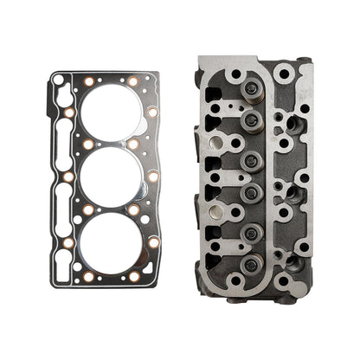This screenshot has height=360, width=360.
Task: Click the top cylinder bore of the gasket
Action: [x=110, y=112]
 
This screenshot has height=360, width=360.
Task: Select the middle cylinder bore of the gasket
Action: [x=110, y=177]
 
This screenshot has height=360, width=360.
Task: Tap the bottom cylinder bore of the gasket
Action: [x=110, y=241]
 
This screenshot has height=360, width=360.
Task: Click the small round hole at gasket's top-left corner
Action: [x=58, y=80]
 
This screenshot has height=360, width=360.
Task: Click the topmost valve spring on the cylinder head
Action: [x=251, y=89]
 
